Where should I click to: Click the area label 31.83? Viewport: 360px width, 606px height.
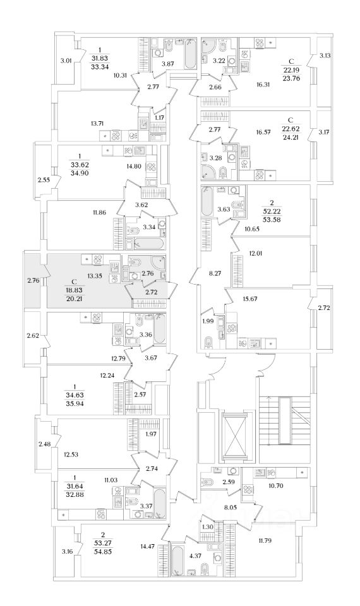pyautogui.click(x=100, y=58)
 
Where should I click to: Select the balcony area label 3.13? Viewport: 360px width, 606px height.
pyautogui.click(x=325, y=56)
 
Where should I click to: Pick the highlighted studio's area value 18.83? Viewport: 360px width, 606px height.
pyautogui.click(x=76, y=290)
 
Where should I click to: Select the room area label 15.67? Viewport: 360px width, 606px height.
pyautogui.click(x=249, y=299)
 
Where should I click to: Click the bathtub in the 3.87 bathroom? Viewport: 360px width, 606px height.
pyautogui.click(x=189, y=54)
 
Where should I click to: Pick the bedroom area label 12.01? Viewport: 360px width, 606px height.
pyautogui.click(x=255, y=254)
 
